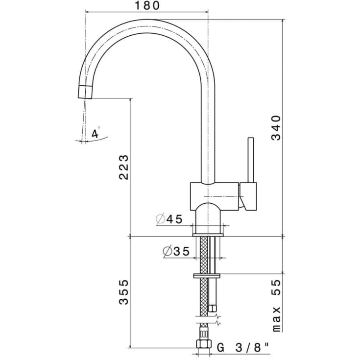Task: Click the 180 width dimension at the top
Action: click(x=147, y=6)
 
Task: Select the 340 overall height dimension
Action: click(x=276, y=128)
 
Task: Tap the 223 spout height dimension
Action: click(x=123, y=167)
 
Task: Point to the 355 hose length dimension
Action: click(x=123, y=292)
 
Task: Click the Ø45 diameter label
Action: click(x=169, y=219)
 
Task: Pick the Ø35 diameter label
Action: click(x=176, y=251)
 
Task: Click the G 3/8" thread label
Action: click(x=243, y=348)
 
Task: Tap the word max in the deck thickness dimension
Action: click(x=277, y=319)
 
